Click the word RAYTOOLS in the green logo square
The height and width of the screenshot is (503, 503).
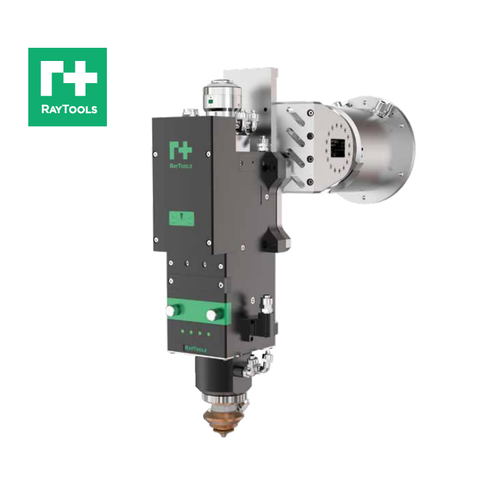coord(67,109)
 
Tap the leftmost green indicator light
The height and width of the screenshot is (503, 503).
coord(180,332)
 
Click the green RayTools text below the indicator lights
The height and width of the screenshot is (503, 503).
coord(195,347)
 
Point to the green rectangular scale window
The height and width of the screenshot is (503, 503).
coord(180,219)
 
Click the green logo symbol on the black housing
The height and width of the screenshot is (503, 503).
coord(180,150)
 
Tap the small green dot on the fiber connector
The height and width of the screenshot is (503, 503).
coord(212,98)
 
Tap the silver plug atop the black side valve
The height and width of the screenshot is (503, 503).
coord(267,305)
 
